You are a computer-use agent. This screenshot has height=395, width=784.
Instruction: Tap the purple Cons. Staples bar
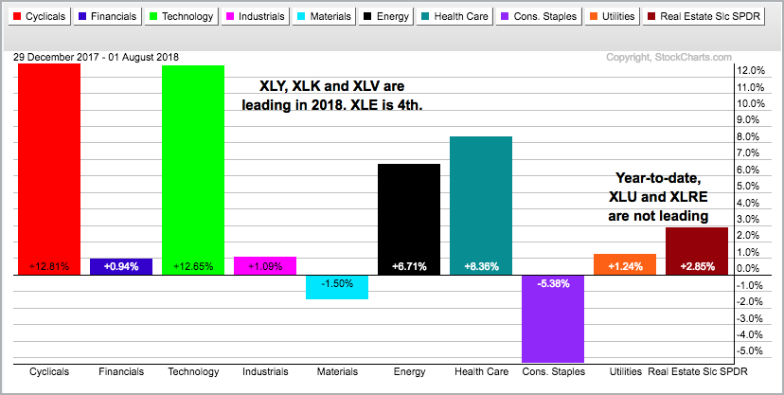[552, 318]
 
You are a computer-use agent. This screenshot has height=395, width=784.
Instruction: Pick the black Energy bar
[409, 219]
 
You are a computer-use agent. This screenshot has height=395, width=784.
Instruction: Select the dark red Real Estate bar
[697, 251]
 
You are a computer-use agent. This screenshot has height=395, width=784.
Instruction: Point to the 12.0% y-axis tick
[749, 71]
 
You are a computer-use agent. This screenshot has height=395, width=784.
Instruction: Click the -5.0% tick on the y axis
[749, 350]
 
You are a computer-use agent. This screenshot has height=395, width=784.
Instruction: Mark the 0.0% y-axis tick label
[749, 268]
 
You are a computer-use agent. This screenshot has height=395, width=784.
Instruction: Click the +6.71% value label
[409, 266]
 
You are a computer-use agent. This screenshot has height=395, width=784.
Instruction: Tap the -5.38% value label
[552, 283]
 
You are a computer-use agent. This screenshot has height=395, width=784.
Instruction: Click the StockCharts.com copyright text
[668, 58]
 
